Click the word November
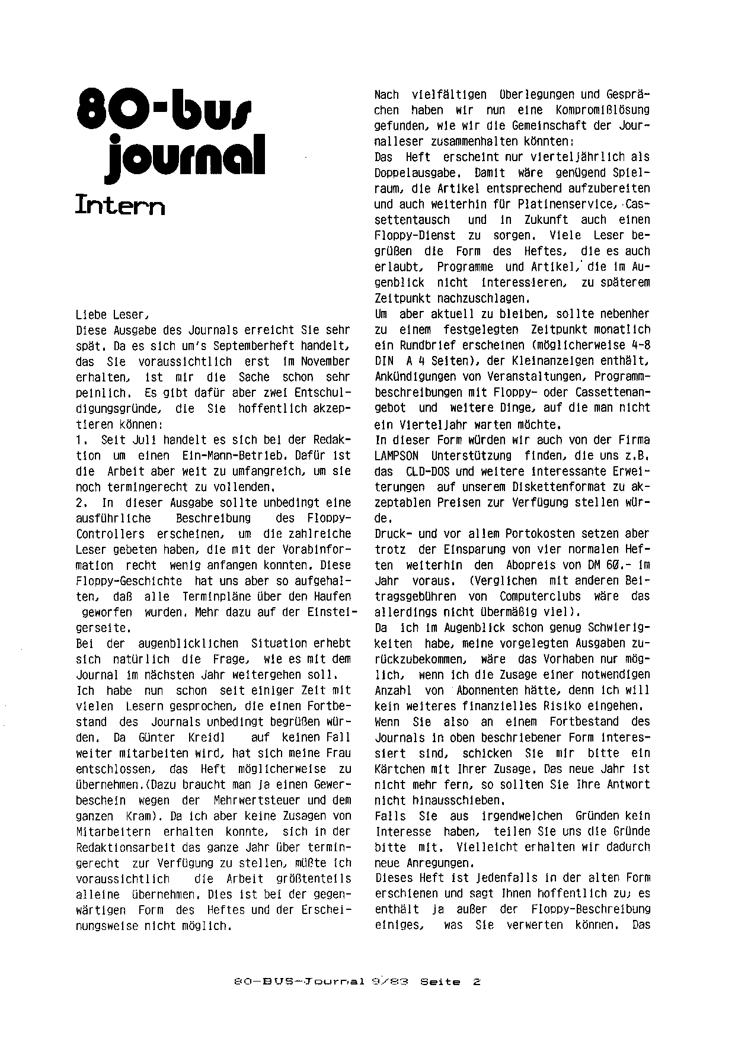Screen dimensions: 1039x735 point(321,361)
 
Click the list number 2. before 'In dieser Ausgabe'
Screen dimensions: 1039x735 point(83,502)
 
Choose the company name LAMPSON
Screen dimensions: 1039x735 point(397,456)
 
